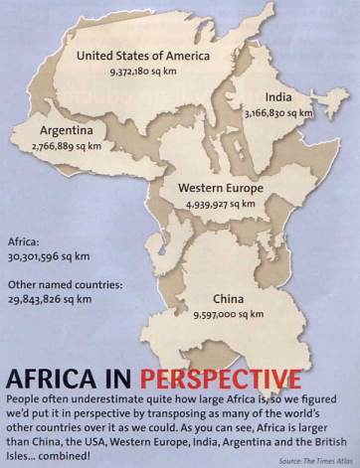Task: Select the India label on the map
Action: (278, 97)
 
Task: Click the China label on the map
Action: (232, 297)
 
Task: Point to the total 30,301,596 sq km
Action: (53, 256)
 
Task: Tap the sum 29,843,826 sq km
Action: (53, 299)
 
